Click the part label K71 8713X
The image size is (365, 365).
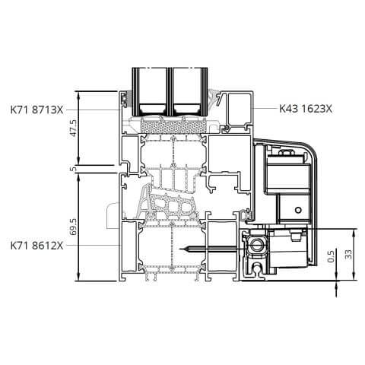(x=36, y=110)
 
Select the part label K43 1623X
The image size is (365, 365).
(x=306, y=109)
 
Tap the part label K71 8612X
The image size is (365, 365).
(x=36, y=246)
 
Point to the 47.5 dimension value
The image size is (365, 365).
(x=73, y=129)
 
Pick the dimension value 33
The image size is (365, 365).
(x=349, y=254)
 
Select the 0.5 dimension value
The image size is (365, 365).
(x=331, y=255)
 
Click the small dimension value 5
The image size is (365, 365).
(x=74, y=169)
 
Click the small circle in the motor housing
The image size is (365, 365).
(x=298, y=210)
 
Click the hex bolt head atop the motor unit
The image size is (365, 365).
(x=286, y=153)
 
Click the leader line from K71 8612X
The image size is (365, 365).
(x=91, y=245)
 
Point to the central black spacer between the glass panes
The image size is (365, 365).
(x=170, y=92)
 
